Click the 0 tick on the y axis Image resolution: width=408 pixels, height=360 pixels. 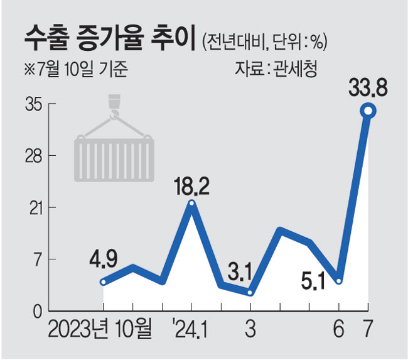(x=37, y=311)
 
